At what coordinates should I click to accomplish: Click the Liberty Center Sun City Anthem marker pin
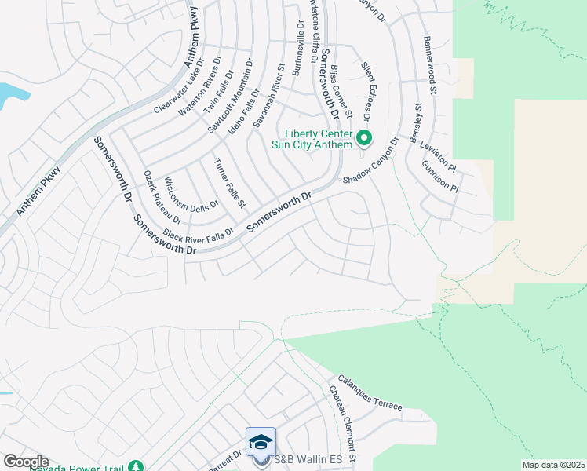click(x=364, y=139)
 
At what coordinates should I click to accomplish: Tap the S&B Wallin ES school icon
click(x=261, y=442)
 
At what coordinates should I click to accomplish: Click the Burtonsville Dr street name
click(x=297, y=49)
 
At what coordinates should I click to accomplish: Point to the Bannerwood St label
click(x=429, y=55)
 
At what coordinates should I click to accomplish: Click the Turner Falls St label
click(x=230, y=183)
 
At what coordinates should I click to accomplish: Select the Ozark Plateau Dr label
click(x=162, y=196)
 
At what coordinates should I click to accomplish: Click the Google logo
click(x=25, y=461)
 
